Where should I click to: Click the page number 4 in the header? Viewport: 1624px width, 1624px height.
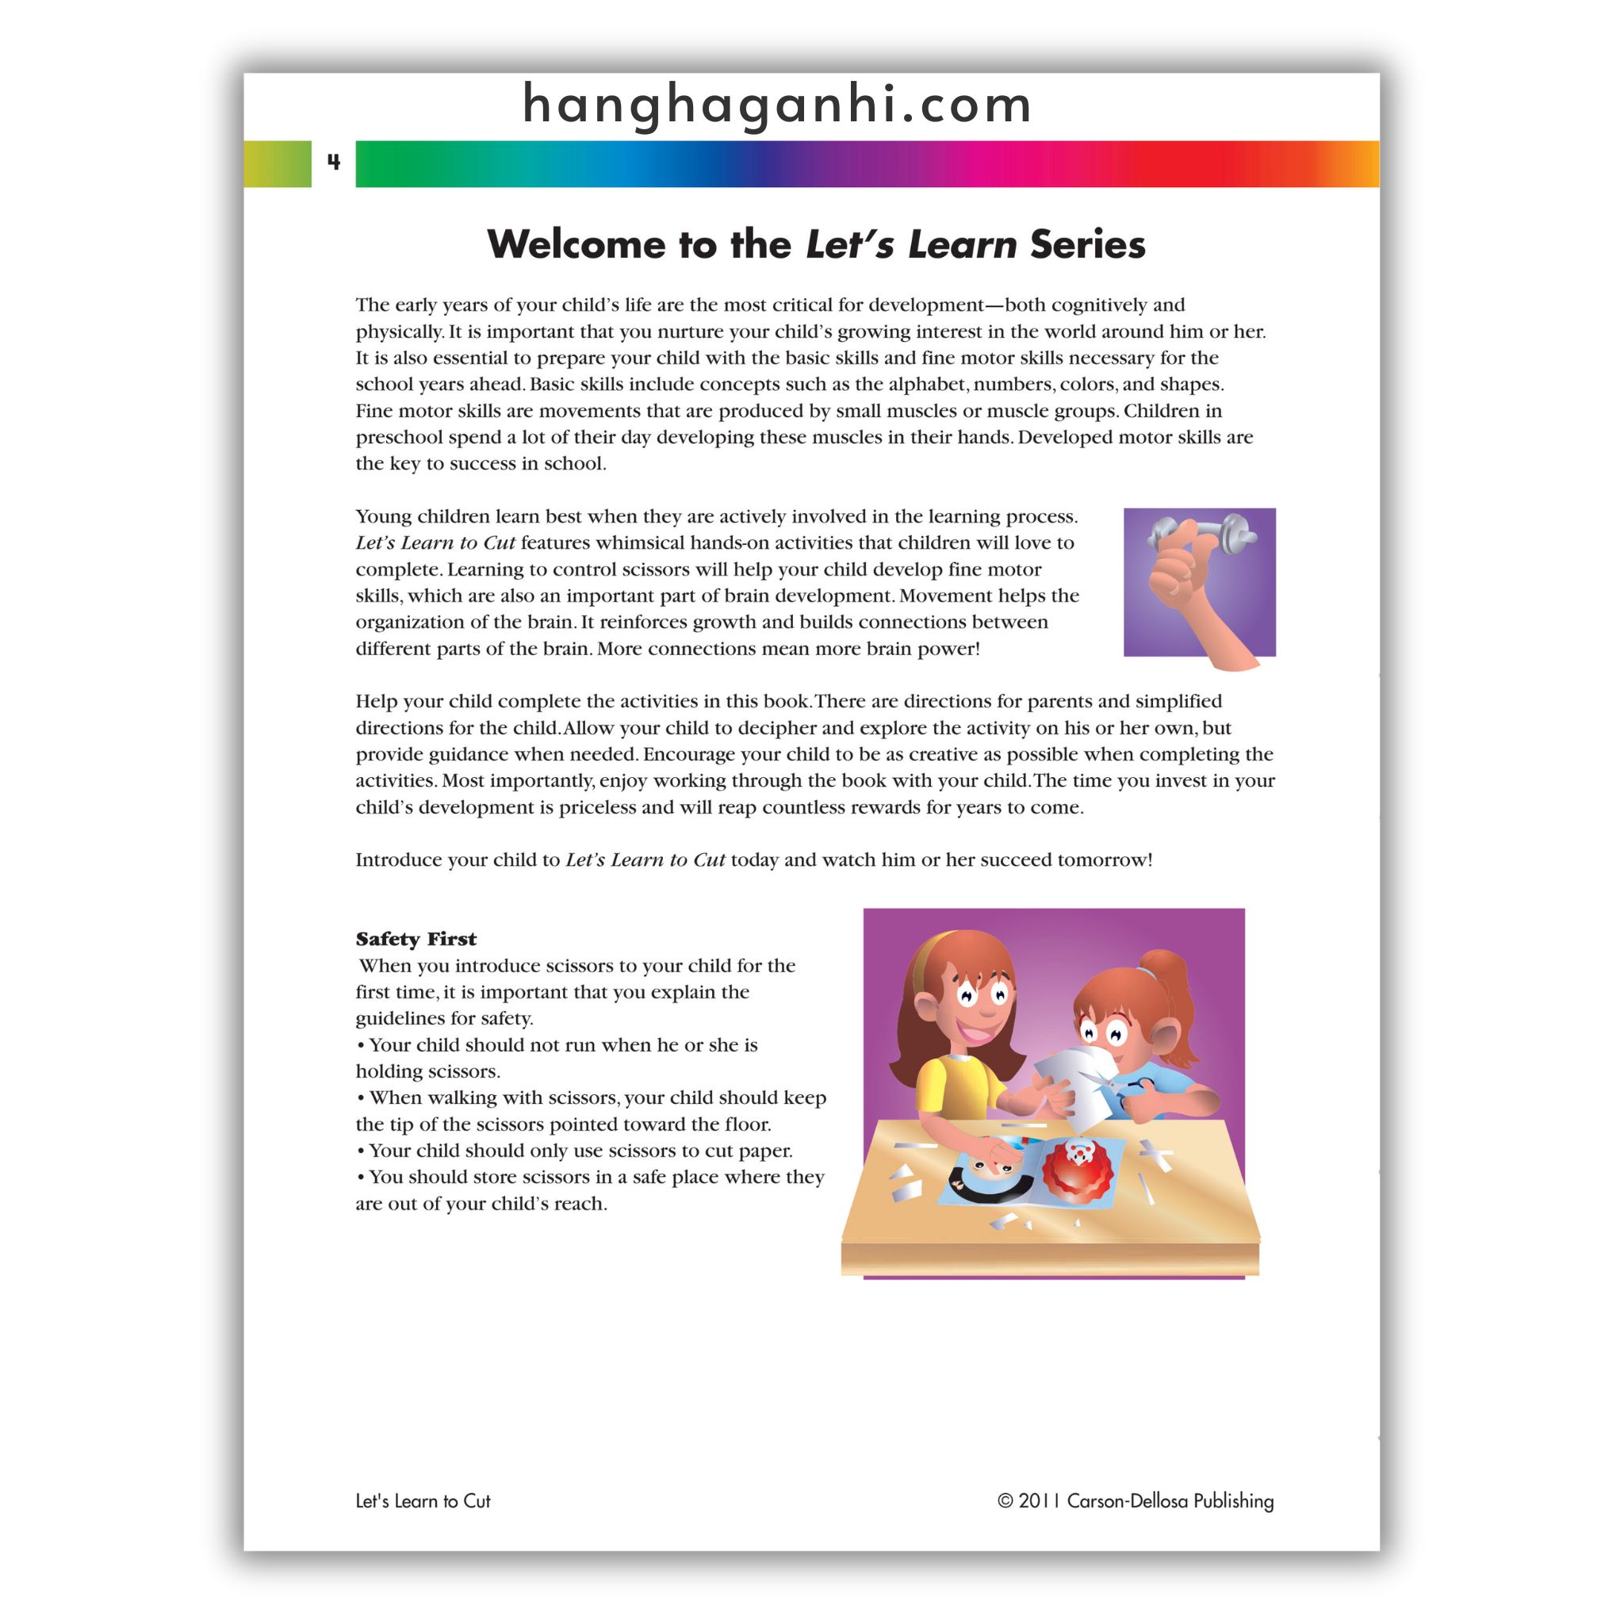pyautogui.click(x=334, y=163)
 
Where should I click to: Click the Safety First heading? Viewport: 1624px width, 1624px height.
pyautogui.click(x=416, y=939)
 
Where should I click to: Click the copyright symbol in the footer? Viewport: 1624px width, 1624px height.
pyautogui.click(x=1005, y=1501)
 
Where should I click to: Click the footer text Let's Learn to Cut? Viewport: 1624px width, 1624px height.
pyautogui.click(x=423, y=1501)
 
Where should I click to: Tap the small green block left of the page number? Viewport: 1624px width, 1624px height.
pyautogui.click(x=278, y=164)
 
